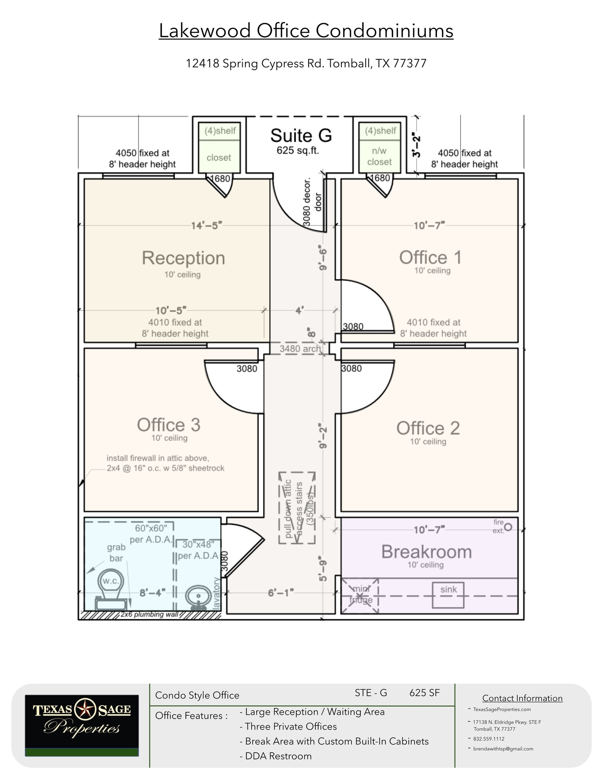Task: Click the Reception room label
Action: (x=183, y=258)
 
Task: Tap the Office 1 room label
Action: (x=430, y=258)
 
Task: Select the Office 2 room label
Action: (x=428, y=428)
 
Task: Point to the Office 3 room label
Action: (x=168, y=425)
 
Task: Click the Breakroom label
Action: (x=426, y=552)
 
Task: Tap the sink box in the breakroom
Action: (x=448, y=595)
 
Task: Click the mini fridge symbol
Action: (x=360, y=596)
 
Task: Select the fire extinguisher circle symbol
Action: (x=508, y=527)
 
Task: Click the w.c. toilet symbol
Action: (x=111, y=587)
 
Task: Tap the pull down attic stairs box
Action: (x=297, y=508)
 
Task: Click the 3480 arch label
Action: (x=300, y=348)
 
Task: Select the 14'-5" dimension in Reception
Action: (x=206, y=226)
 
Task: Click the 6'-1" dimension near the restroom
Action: (x=281, y=592)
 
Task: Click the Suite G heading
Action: (x=301, y=136)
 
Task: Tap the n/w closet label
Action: (x=379, y=157)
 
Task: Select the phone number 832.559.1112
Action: (x=489, y=738)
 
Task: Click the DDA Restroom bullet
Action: (x=278, y=756)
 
